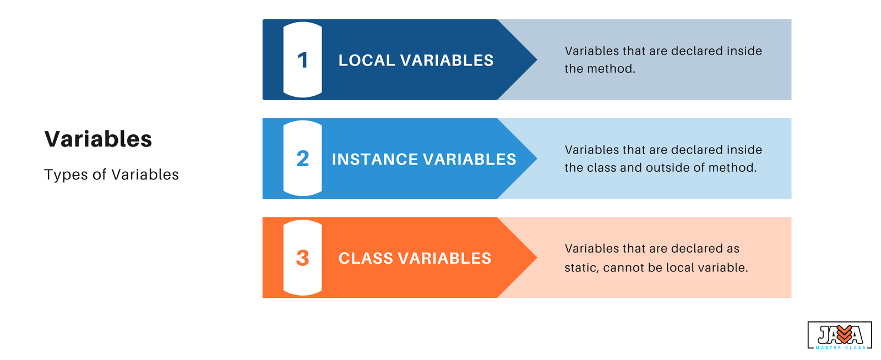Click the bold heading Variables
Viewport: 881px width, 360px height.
tap(98, 139)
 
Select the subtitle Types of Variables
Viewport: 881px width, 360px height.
tap(111, 174)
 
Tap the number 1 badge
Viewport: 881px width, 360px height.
tap(302, 60)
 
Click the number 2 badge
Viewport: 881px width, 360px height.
tap(302, 159)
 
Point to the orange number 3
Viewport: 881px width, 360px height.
tap(302, 258)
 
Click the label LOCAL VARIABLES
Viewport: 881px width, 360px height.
tap(416, 61)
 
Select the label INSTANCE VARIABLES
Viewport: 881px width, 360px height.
tap(424, 159)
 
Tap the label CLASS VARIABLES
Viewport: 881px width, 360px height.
tap(415, 258)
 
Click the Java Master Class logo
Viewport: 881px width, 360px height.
tap(839, 335)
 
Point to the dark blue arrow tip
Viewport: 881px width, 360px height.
tap(537, 60)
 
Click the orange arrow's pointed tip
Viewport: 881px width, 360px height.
tap(537, 258)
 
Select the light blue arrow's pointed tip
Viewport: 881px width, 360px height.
tap(537, 159)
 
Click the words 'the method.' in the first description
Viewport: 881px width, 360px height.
tap(600, 69)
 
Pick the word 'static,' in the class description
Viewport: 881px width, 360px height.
tap(581, 268)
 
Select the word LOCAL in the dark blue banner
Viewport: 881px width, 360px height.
tap(367, 61)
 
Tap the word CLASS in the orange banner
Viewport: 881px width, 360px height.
tap(366, 258)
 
